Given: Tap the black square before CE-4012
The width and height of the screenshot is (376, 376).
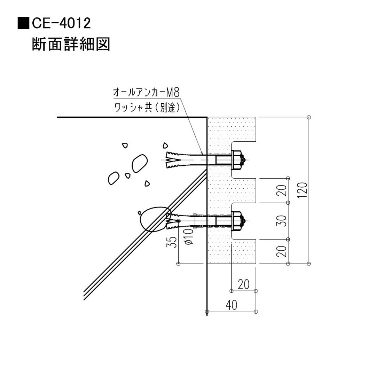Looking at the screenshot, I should coord(23,23).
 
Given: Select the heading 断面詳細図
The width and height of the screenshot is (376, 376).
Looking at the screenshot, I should coord(71,45).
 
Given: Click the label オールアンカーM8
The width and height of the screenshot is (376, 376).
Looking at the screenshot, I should coord(146,92).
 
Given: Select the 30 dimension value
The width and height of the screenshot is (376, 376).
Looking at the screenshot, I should coord(283,220).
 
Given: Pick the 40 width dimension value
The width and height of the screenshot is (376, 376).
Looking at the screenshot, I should coord(231,305).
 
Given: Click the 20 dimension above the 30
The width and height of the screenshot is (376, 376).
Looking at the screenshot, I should coord(283,190).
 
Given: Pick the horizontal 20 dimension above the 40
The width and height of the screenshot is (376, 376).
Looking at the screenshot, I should coord(244,284).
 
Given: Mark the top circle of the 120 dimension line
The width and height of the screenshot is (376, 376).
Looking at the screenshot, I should coord(309,117).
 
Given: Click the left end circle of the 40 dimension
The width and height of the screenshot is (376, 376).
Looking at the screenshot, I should coord(207,311).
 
